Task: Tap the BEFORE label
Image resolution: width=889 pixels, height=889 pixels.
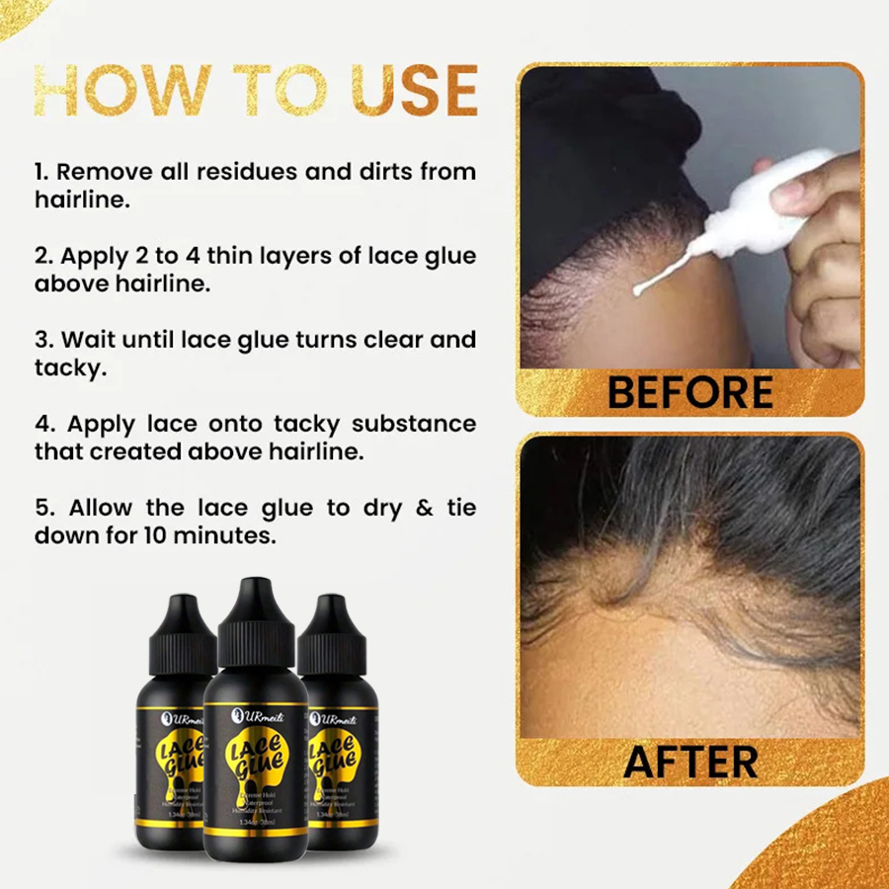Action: coord(689,392)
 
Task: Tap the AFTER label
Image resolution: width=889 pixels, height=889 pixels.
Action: coord(690,761)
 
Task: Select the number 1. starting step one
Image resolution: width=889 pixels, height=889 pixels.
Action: coord(42,172)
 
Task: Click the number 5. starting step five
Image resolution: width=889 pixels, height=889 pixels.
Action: coord(42,508)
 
